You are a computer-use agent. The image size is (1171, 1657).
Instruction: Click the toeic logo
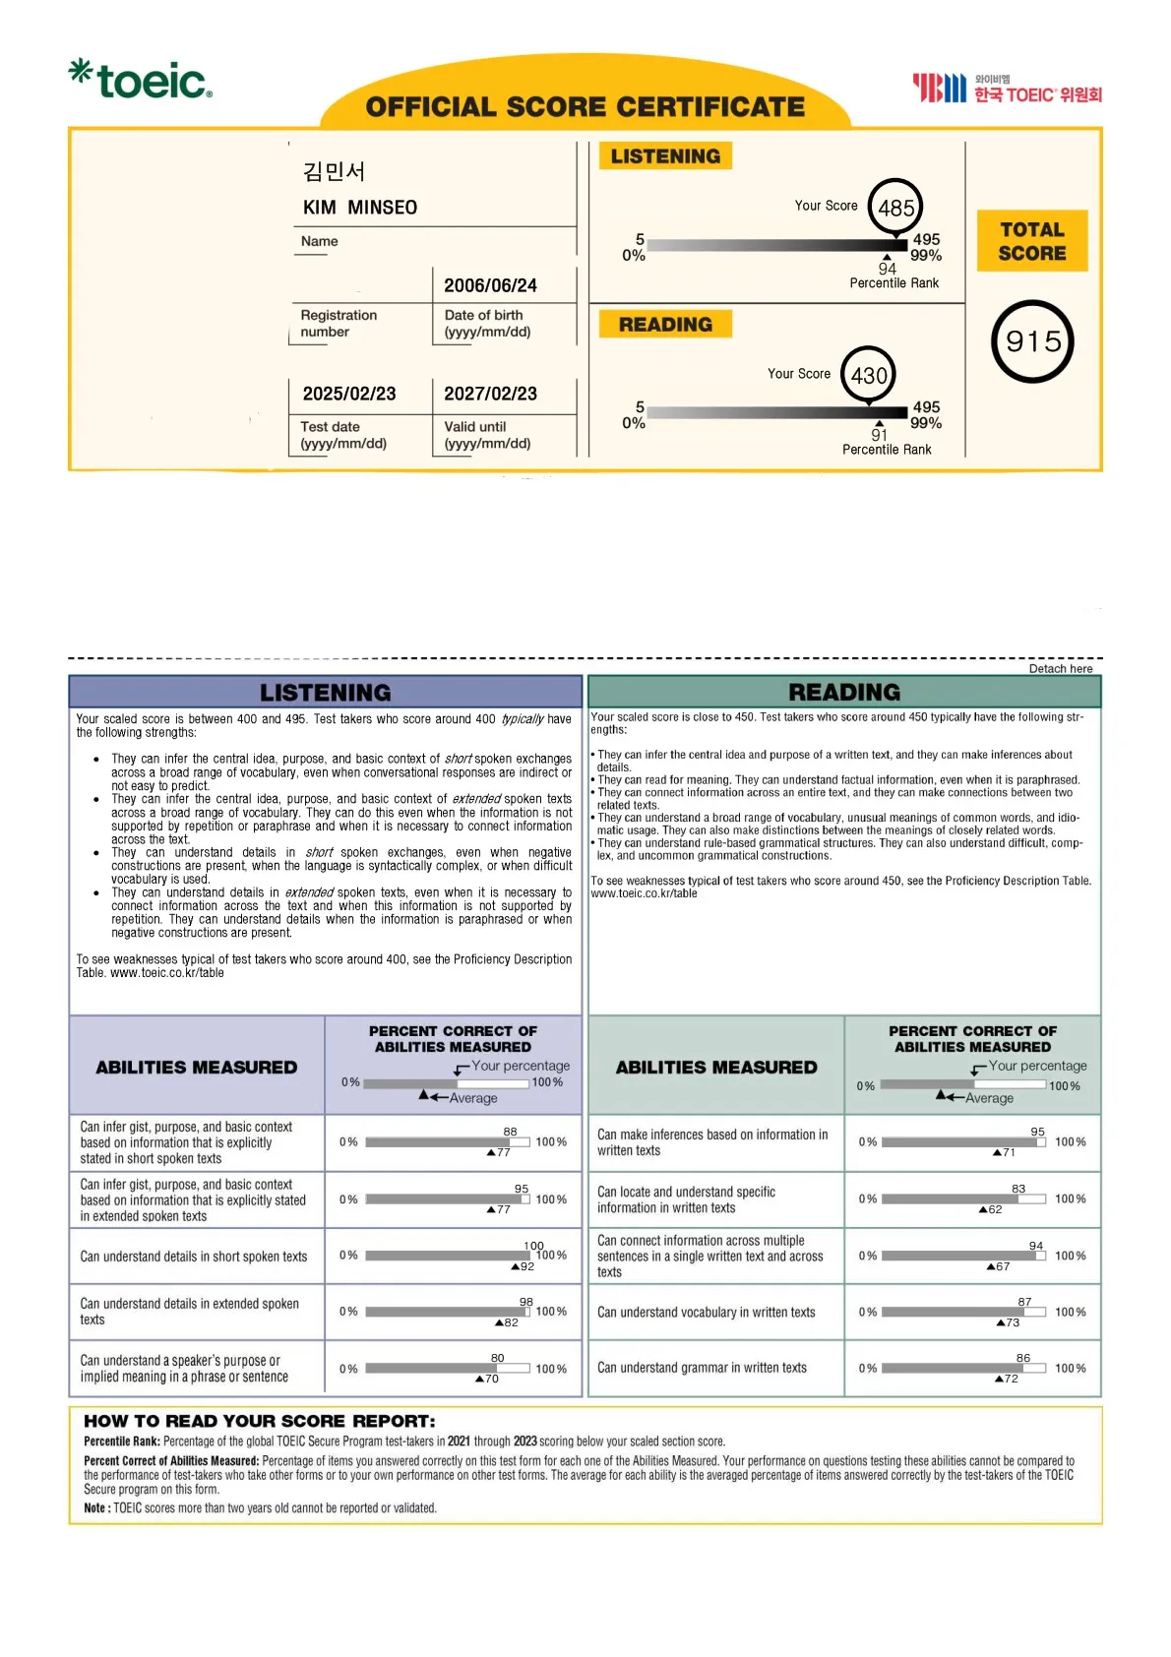pos(141,80)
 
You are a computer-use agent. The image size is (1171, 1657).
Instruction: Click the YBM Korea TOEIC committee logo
pos(1007,89)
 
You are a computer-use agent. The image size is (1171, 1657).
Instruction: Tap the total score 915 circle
pos(1032,341)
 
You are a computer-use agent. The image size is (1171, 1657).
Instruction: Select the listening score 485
pos(895,208)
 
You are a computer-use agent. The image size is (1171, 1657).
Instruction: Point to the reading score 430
pos(869,375)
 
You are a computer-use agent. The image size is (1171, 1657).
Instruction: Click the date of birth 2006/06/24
pos(490,285)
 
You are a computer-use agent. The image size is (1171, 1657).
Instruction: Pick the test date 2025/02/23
pos(349,394)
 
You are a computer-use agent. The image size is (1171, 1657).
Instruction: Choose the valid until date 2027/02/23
pos(490,394)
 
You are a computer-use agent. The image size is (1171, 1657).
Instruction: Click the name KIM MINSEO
pos(360,208)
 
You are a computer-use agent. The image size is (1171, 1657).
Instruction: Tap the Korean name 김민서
pos(335,171)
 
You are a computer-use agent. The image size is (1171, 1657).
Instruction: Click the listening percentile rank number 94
pos(888,269)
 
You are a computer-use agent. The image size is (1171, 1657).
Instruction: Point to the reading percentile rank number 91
pos(880,435)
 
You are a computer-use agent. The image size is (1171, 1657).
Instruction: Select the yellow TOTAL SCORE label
pos(1032,241)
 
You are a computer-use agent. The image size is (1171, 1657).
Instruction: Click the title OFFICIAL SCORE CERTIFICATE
pos(585,106)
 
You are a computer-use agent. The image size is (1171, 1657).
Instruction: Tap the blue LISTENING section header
pos(326,692)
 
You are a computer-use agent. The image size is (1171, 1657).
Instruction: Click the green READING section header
pos(844,692)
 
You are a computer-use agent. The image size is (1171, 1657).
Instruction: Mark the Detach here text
pos(1061,669)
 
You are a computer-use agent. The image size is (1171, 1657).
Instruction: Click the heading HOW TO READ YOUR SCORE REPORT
pos(260,1421)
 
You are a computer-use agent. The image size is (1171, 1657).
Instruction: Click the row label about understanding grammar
pos(702,1368)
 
